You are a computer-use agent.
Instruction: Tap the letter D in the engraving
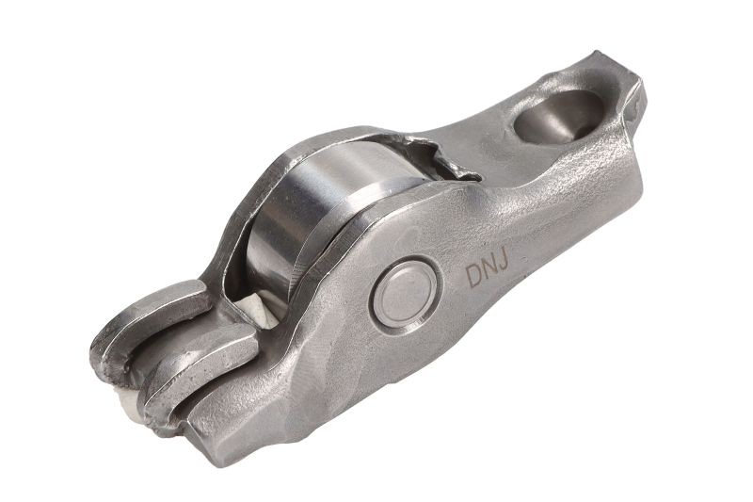(473, 277)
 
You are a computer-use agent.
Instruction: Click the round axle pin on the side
(405, 295)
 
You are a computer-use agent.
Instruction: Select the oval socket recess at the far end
(558, 116)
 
